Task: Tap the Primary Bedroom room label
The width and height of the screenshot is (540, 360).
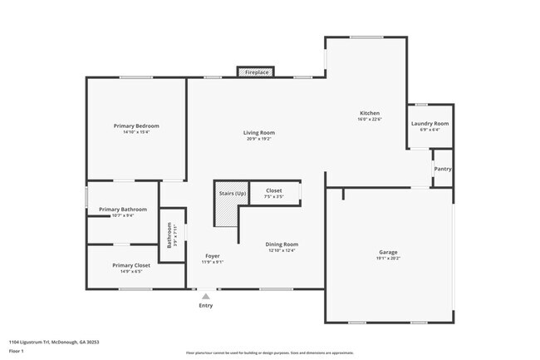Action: point(136,126)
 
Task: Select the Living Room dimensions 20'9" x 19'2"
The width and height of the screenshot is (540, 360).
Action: point(259,139)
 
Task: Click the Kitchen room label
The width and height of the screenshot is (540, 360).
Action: point(370,113)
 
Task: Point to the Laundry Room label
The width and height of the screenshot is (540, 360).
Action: point(430,123)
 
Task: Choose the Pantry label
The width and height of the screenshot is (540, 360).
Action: point(443,169)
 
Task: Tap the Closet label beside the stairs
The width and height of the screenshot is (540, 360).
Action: point(273,191)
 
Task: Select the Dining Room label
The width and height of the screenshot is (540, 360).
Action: point(282,244)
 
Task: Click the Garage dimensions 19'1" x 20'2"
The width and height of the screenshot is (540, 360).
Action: point(388,259)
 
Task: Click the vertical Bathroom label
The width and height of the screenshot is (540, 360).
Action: point(170,235)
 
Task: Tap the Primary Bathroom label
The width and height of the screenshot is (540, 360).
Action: point(122,209)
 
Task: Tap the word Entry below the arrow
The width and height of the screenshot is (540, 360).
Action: point(206,305)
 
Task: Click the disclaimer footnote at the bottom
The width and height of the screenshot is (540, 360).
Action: point(269,353)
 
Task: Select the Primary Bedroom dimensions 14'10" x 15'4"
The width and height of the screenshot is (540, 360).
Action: point(136,132)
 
